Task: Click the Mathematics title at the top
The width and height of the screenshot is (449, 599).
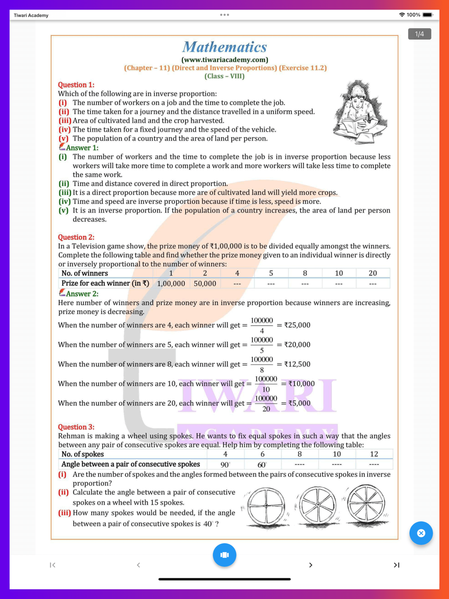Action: tap(224, 47)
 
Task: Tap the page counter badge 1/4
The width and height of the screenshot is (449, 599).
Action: tap(419, 34)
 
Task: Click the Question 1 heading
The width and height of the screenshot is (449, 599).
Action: tap(76, 85)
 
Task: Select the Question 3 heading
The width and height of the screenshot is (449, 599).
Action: tap(76, 427)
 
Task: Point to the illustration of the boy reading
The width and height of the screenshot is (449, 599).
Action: tap(361, 112)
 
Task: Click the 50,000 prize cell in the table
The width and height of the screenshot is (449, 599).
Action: tap(205, 284)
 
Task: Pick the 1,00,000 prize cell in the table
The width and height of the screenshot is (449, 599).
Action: tap(171, 284)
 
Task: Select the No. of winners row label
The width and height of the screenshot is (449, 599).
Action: tap(84, 273)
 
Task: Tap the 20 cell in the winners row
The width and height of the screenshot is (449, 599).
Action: tap(373, 273)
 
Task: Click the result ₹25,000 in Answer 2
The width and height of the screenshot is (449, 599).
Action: tap(297, 325)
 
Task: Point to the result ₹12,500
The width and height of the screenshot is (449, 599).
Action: tap(297, 364)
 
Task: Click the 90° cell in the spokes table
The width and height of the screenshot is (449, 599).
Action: tap(225, 465)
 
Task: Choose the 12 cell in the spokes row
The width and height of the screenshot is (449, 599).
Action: tap(374, 454)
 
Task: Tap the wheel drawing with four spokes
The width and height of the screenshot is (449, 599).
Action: tap(266, 506)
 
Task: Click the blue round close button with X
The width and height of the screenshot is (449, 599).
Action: tap(421, 533)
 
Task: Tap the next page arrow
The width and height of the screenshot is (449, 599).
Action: tap(310, 565)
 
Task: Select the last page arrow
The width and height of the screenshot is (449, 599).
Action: tap(396, 565)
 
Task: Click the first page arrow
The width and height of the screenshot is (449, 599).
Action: tap(53, 565)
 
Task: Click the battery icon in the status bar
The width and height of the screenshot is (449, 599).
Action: tap(427, 15)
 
